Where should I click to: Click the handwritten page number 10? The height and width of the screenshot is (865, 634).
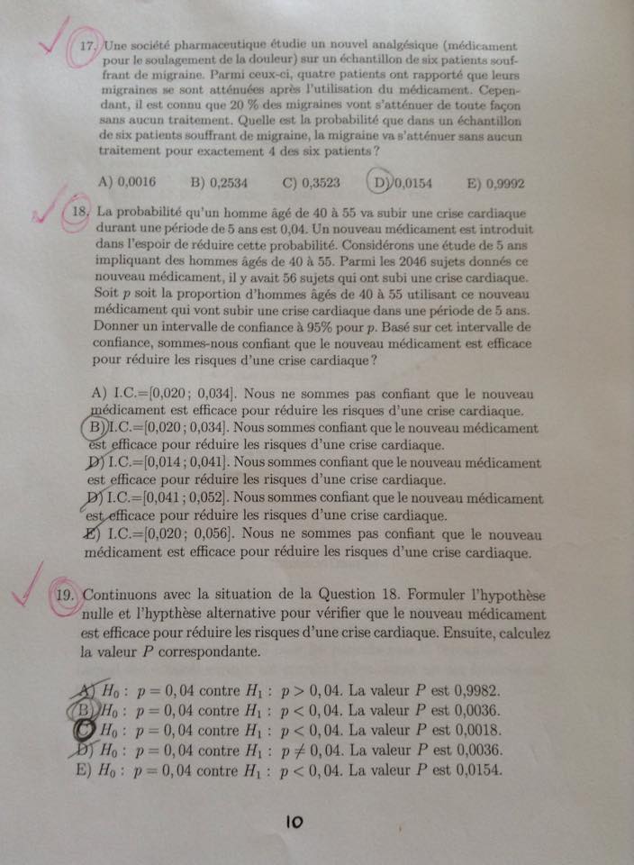point(294,821)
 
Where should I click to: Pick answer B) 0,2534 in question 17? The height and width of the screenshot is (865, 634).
point(219,181)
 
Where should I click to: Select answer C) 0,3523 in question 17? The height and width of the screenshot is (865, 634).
point(311,181)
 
